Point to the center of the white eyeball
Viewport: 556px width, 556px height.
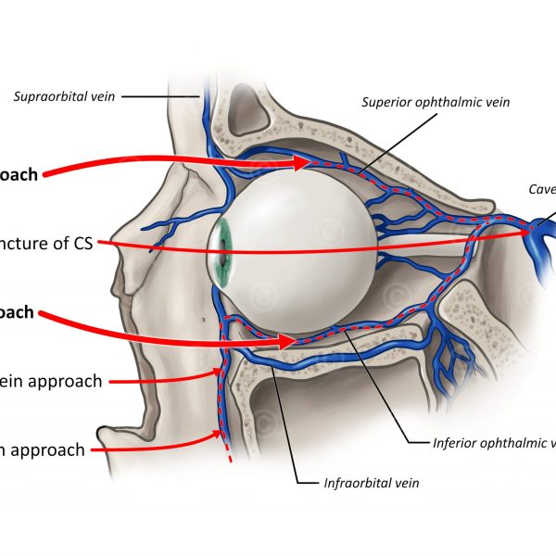coord(301,247)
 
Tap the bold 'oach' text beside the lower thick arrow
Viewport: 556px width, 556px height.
coord(17,312)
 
